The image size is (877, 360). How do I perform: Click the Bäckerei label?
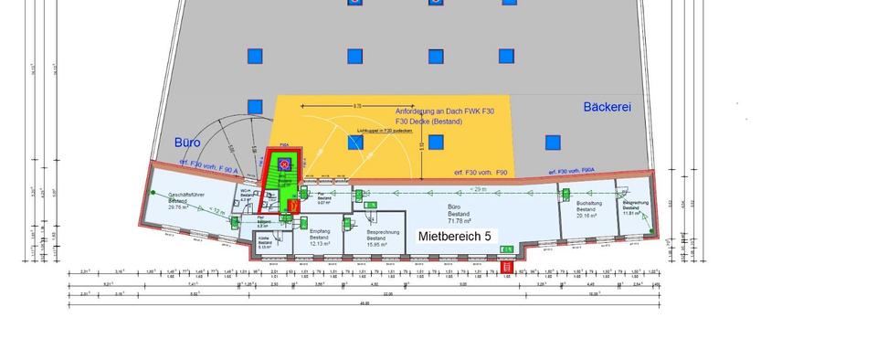(608, 107)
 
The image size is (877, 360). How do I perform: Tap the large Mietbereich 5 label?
(454, 236)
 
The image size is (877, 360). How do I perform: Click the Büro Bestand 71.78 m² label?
(458, 215)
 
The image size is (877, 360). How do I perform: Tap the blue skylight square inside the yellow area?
(436, 143)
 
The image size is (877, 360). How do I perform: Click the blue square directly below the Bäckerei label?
(553, 143)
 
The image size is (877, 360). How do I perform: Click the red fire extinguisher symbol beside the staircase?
(292, 206)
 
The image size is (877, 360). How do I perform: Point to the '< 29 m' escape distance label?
(478, 188)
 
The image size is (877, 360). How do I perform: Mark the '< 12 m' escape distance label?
(216, 211)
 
